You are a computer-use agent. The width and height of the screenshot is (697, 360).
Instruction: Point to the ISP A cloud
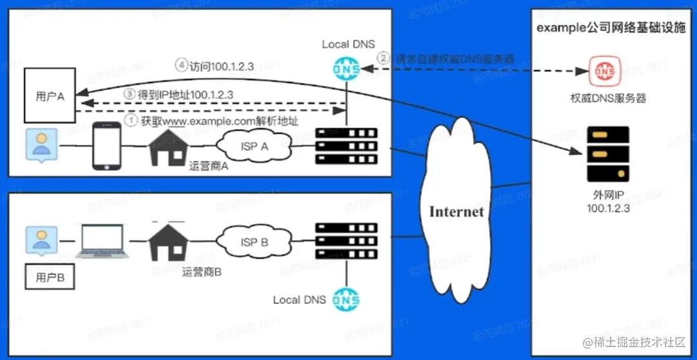pyautogui.click(x=254, y=147)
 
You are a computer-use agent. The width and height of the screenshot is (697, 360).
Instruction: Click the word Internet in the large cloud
pyautogui.click(x=456, y=212)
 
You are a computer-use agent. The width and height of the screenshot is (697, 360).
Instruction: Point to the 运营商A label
pyautogui.click(x=209, y=166)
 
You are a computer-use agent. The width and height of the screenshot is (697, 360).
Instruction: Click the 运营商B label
pyautogui.click(x=202, y=272)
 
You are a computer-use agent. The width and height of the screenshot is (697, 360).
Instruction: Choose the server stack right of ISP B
pyautogui.click(x=347, y=243)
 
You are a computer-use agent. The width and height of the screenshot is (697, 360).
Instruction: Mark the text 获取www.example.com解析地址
pyautogui.click(x=219, y=120)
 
